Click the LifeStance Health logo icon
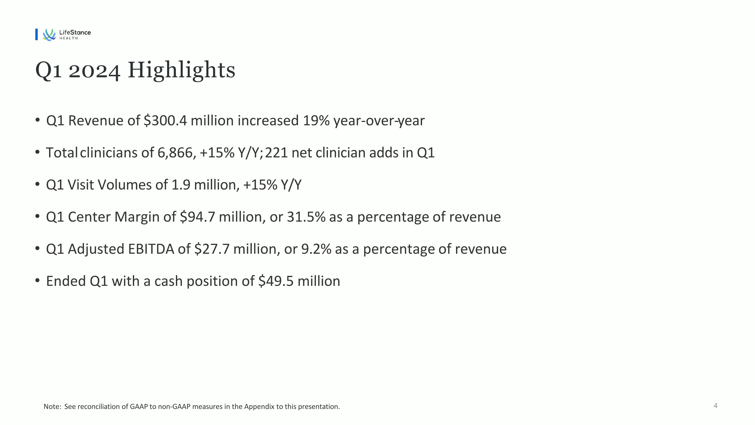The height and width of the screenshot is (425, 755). point(49,35)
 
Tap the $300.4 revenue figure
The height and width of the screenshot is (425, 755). point(165,121)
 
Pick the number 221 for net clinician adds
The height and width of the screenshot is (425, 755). point(276,153)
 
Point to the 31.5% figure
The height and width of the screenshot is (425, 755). point(306,217)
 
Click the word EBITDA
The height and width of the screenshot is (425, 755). point(151,249)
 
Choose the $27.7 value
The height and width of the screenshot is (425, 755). point(212,249)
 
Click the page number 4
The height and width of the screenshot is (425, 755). point(715,406)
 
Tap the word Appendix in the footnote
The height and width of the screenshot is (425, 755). point(259,407)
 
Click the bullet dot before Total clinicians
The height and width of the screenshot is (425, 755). point(37,152)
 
